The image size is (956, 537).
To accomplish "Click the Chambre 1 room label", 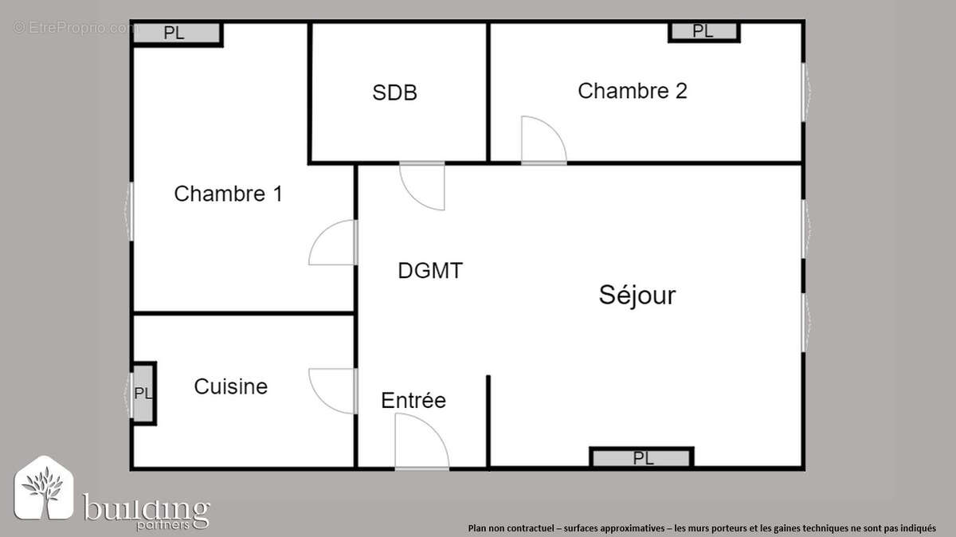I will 228,194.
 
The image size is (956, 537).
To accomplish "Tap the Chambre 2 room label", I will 632,91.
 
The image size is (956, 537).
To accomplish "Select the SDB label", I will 394,93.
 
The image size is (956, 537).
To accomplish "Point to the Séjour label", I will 637,296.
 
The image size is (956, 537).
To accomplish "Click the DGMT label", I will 430,271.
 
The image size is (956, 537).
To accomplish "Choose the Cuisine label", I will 231,387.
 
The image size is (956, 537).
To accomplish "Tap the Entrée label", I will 413,400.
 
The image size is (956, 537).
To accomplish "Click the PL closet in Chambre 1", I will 175,33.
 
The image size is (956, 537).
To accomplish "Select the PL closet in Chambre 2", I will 703,31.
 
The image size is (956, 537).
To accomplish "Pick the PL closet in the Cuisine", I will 143,394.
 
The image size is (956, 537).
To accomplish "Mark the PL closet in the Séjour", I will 642,458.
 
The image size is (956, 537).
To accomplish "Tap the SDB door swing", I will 421,185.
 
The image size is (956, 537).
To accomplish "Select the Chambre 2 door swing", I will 543,142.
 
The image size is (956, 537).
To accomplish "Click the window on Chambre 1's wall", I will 130,211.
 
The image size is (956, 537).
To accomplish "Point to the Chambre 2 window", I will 805,92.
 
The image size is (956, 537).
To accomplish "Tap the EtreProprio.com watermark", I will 76,28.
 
